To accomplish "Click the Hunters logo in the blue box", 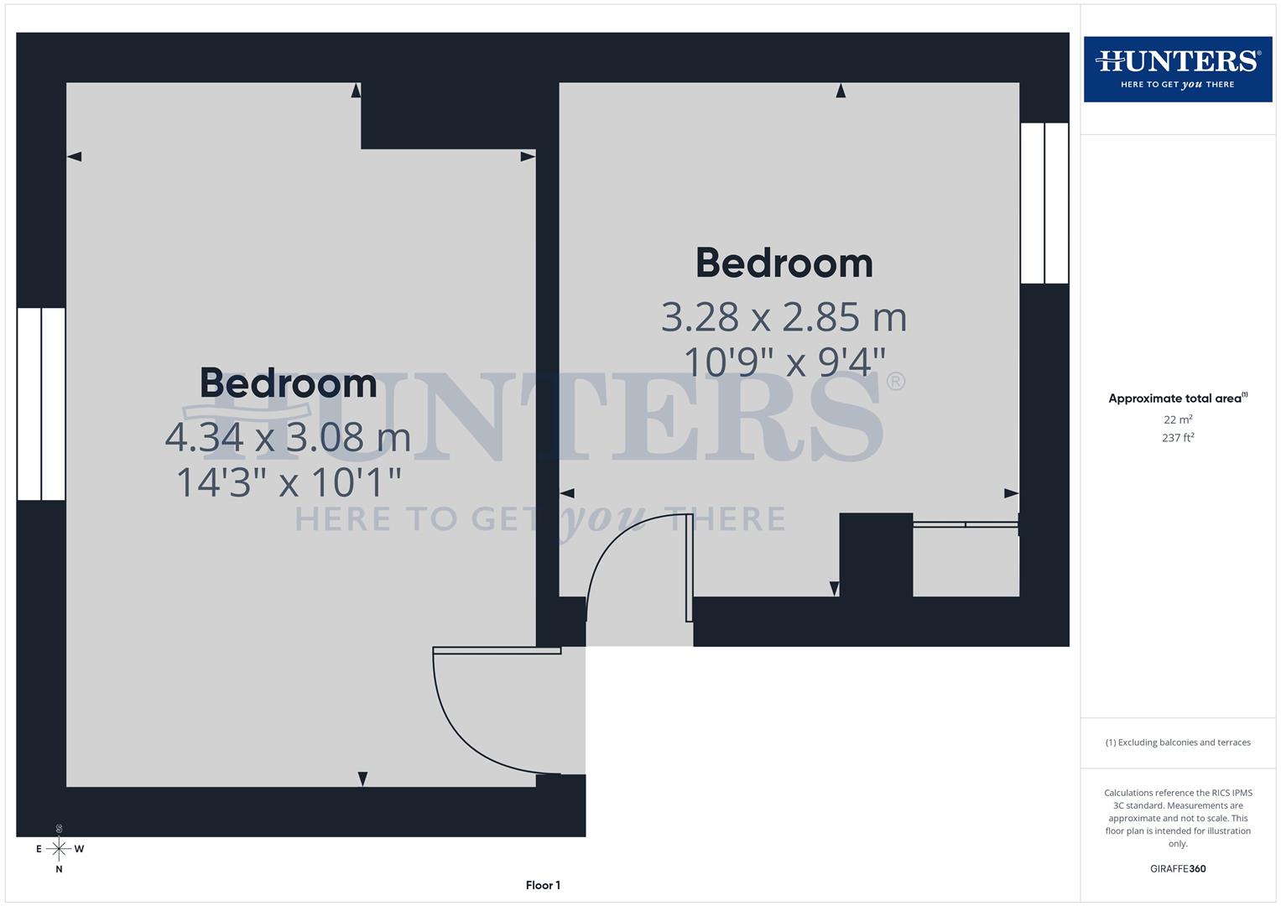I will [1177, 69].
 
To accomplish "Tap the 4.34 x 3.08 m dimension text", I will [288, 437].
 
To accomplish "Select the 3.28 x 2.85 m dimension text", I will [784, 317].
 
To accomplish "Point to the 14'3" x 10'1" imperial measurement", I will [289, 482].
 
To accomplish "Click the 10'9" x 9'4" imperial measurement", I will [784, 362].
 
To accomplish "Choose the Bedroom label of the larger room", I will [288, 383].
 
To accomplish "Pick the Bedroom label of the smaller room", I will [784, 263].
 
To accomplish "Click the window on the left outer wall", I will [41, 404].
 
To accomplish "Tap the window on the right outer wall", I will [1044, 203].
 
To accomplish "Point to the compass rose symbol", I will [59, 849].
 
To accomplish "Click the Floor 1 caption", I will [543, 885].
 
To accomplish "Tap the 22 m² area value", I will [1178, 419].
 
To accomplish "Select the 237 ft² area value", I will [1178, 438].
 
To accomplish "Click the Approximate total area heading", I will [1177, 398].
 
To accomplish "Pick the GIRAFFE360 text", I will [1178, 869].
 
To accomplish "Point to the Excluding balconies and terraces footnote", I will [1178, 742].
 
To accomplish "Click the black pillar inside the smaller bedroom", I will [876, 554].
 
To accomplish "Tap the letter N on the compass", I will [59, 870].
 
